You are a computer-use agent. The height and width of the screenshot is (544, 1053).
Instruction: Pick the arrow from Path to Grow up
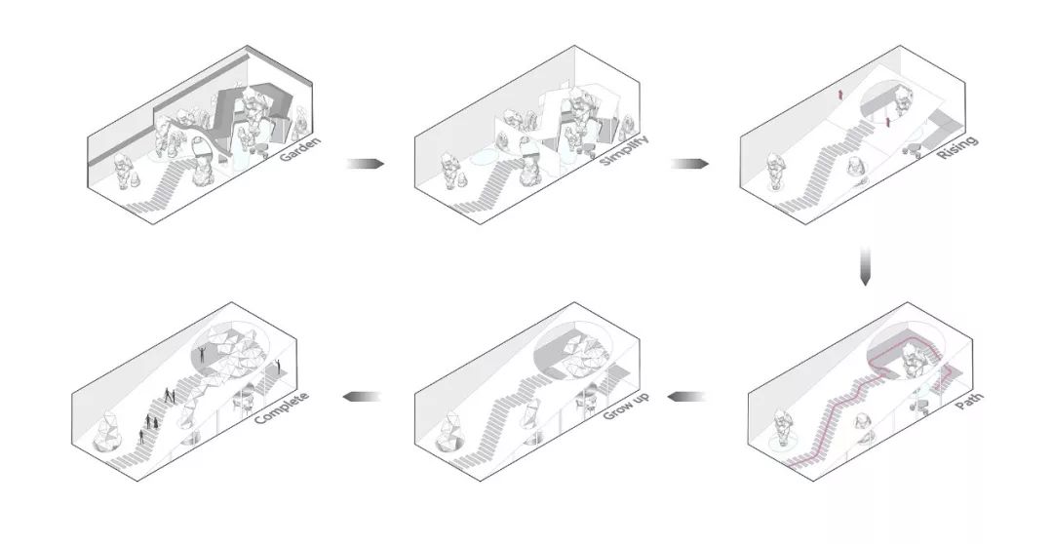point(688,397)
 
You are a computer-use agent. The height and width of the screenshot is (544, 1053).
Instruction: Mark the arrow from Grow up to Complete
point(360,397)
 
